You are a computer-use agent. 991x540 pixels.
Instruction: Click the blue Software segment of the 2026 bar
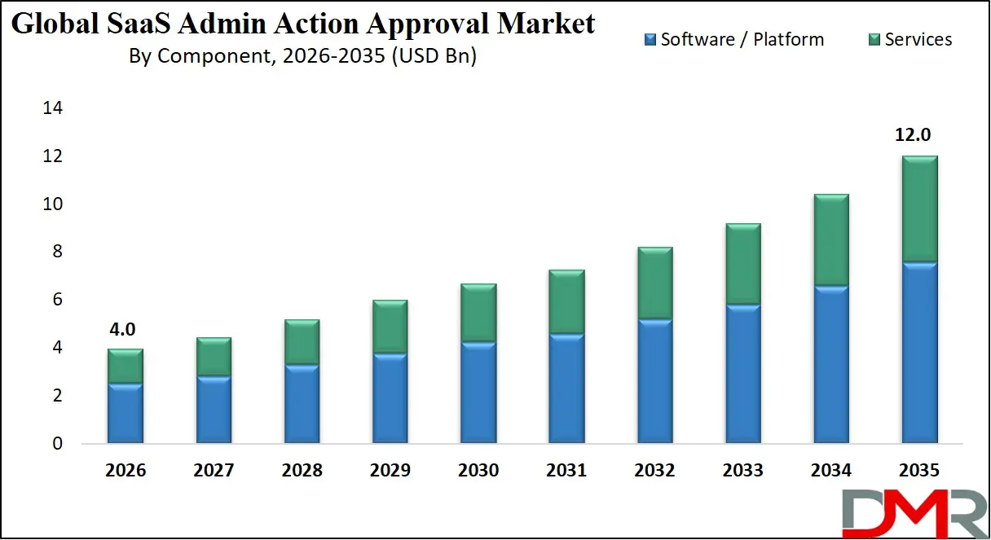pos(126,414)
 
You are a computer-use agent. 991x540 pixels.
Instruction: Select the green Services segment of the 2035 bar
pos(918,209)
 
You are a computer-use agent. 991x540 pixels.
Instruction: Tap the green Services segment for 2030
pos(478,313)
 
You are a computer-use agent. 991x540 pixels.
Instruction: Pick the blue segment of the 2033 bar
pos(742,375)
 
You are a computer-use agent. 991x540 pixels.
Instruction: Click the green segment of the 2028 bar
pos(302,342)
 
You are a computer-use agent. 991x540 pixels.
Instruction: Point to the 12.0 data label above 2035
pos(914,135)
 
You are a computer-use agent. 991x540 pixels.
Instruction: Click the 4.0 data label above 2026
pos(122,329)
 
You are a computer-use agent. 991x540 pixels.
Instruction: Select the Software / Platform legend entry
pos(733,39)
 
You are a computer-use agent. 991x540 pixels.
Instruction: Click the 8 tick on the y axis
pos(56,252)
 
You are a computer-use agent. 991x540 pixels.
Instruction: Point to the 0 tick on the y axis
pos(56,445)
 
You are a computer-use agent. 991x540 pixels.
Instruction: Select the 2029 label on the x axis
pos(390,471)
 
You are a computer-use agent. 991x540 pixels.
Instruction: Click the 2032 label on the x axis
pos(654,471)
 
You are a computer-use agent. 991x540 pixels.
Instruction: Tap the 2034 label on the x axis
pos(830,471)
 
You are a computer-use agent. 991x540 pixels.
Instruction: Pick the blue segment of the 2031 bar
pos(566,389)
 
